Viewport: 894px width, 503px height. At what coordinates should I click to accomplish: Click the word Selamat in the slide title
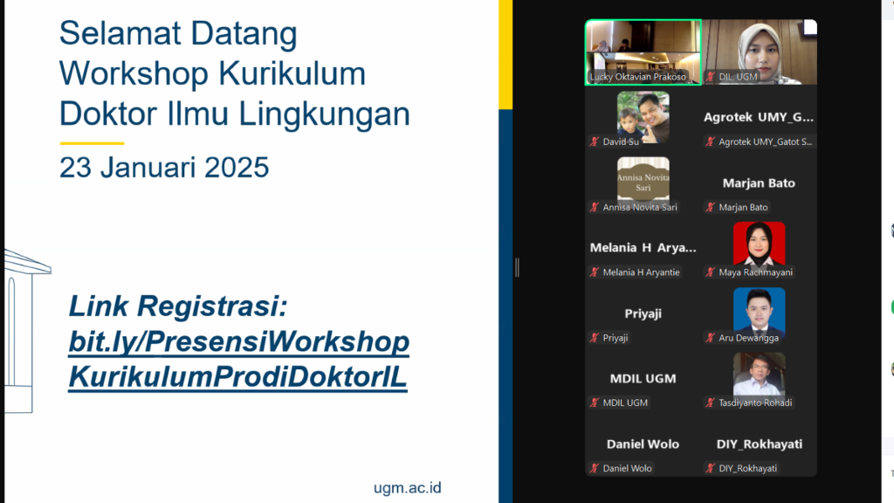coord(121,34)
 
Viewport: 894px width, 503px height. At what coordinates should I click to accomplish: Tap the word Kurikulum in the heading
coord(292,73)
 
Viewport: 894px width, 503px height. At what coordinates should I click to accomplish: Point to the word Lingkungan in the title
coord(324,114)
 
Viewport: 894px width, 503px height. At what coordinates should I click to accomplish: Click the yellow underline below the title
coord(92,143)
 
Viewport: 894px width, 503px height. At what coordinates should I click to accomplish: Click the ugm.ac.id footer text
coord(407,487)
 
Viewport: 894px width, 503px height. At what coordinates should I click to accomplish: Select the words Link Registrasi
coord(178,307)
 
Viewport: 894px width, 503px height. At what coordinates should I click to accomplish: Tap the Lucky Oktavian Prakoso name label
coord(638,77)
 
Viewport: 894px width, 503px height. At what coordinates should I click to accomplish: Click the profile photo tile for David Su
coord(643,116)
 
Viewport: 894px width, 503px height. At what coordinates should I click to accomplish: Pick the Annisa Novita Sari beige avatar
coord(643,178)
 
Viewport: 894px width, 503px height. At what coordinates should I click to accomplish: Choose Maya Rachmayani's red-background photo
coord(759,245)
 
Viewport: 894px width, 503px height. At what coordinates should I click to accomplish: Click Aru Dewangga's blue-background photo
coord(759,310)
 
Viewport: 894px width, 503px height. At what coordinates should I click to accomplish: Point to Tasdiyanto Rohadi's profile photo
coord(759,374)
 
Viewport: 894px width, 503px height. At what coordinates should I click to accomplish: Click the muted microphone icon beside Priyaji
coord(595,338)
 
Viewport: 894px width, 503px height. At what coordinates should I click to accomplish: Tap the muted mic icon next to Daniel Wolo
coord(595,468)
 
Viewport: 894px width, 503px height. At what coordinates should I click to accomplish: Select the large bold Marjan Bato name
coord(759,183)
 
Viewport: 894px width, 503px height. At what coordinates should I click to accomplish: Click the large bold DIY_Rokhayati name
coord(759,444)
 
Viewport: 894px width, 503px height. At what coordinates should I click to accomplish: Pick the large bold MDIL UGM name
coord(643,379)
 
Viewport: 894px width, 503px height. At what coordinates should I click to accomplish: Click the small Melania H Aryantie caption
coord(642,272)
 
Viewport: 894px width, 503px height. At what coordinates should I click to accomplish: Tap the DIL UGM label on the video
coord(738,77)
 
